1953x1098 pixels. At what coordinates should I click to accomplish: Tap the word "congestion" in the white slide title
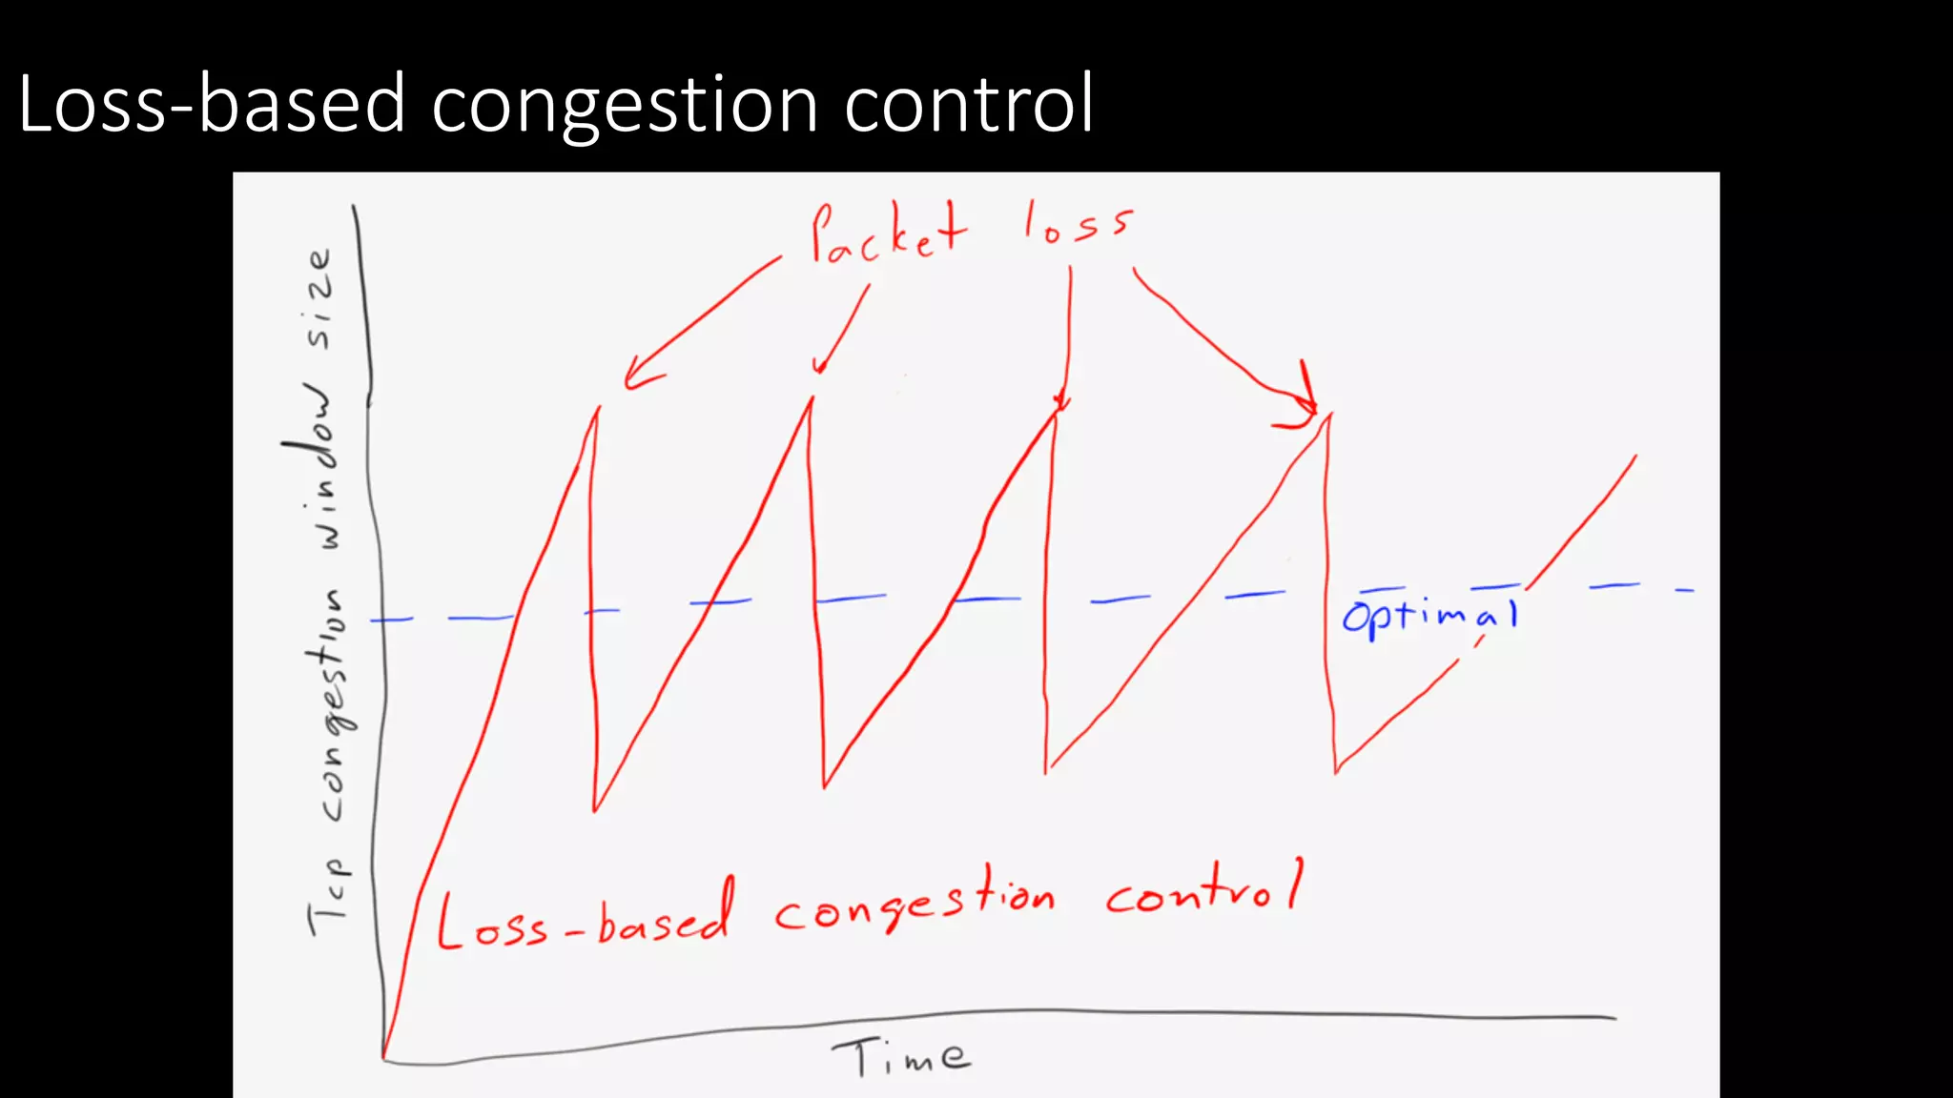626,105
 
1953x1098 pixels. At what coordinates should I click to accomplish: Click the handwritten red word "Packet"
887,234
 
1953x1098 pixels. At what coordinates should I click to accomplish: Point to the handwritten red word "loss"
1078,225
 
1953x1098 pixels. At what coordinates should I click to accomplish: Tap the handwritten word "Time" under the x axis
901,1056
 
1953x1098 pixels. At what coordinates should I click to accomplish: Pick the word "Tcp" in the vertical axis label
329,896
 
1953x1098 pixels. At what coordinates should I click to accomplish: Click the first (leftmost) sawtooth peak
598,409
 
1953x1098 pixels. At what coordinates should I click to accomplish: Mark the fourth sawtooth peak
1329,415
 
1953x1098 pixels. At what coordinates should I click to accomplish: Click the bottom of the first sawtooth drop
594,810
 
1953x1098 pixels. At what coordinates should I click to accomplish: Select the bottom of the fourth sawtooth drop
1336,770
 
